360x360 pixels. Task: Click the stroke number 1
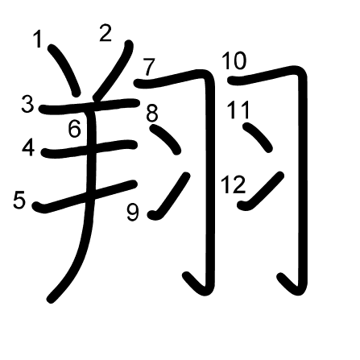click(x=39, y=39)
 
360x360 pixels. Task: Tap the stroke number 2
click(x=106, y=33)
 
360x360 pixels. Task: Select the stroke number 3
click(x=27, y=105)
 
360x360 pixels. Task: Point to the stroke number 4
click(x=28, y=147)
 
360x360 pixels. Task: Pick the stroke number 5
click(x=19, y=200)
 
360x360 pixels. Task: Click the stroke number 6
click(x=74, y=129)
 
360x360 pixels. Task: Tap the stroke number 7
click(x=149, y=67)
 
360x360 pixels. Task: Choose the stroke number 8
click(x=152, y=113)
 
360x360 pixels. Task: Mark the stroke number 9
click(x=133, y=213)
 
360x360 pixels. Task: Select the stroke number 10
click(x=234, y=61)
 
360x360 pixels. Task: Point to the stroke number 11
click(x=238, y=110)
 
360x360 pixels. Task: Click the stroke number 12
click(x=233, y=184)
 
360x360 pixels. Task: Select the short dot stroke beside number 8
click(x=165, y=139)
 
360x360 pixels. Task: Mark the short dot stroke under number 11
click(x=258, y=138)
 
